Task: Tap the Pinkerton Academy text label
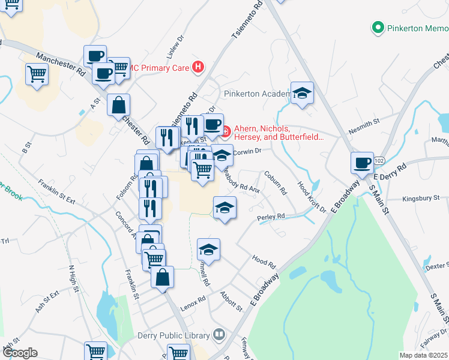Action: (x=257, y=94)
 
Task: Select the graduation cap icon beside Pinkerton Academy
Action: (x=303, y=93)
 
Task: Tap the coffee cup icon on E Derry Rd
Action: (x=363, y=163)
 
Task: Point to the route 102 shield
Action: (x=379, y=161)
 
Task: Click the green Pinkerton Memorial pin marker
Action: (x=378, y=28)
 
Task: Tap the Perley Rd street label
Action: (x=270, y=217)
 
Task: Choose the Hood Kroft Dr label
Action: (x=312, y=197)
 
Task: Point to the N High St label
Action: (x=74, y=279)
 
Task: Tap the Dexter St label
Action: (x=436, y=265)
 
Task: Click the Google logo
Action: (x=20, y=353)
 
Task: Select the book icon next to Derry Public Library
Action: (x=219, y=335)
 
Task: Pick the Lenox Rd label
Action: (x=193, y=298)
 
